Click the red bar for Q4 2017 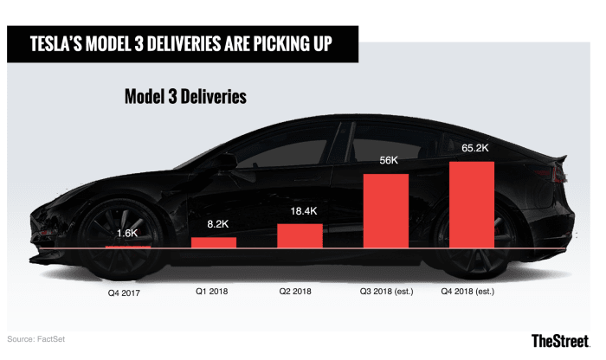pos(127,247)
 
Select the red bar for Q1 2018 pos(213,242)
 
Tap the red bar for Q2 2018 pos(300,235)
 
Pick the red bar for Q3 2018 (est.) pos(385,211)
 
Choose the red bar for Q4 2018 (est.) pos(472,204)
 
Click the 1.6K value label pos(127,234)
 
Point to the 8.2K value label pos(213,223)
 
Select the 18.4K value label pos(300,210)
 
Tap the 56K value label pos(385,161)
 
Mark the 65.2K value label pos(472,148)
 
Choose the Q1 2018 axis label pos(213,291)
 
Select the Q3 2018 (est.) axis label pos(385,291)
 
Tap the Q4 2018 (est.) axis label pos(472,291)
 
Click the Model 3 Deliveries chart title pos(185,97)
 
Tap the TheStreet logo pos(563,340)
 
